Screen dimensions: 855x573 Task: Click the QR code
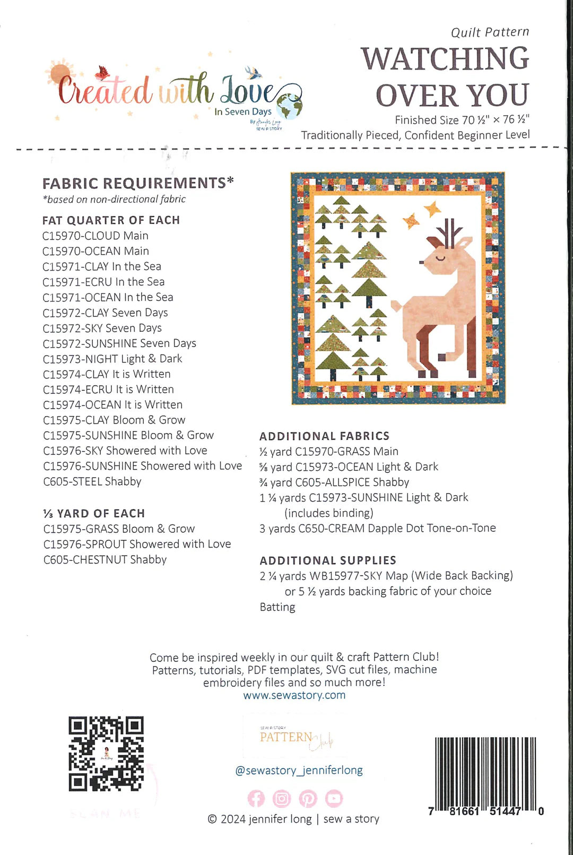click(106, 754)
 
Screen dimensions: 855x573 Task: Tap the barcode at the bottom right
click(485, 772)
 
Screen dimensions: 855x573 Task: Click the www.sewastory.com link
click(294, 695)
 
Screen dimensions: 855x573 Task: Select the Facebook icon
click(256, 798)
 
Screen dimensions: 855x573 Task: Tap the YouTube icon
click(334, 798)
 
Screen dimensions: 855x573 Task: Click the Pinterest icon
click(308, 798)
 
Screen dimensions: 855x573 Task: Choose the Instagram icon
click(282, 798)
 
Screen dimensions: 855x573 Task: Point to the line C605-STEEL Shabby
click(92, 481)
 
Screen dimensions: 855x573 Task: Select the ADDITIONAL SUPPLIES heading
click(328, 560)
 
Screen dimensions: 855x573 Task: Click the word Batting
click(277, 607)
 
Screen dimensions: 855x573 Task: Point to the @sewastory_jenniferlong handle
click(299, 770)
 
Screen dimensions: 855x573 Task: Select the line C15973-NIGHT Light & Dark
click(112, 359)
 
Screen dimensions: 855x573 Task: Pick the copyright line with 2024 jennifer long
click(293, 819)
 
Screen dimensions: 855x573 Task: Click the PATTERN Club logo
click(295, 738)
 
